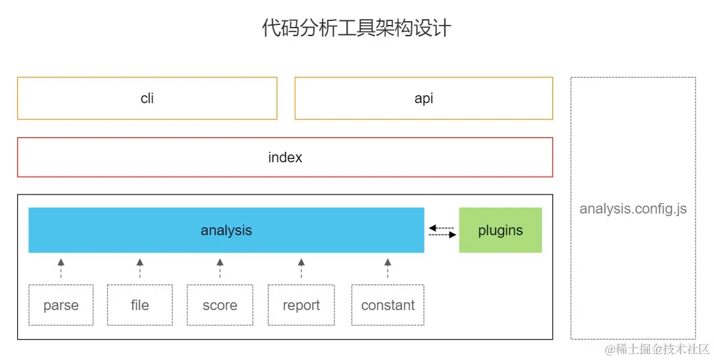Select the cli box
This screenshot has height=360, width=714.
coord(147,99)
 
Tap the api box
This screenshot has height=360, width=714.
coord(424,99)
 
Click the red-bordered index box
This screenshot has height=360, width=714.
coord(285,158)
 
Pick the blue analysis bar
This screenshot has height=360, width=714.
coord(226,231)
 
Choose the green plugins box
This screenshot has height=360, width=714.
coord(501,231)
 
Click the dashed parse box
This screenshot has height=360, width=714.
coord(61,305)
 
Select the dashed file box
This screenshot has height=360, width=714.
coord(140,305)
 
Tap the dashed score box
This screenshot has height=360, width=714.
coord(220,305)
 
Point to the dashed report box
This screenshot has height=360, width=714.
coord(301,305)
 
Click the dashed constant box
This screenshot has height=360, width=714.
coord(388,305)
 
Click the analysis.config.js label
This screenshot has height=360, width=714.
coord(633,209)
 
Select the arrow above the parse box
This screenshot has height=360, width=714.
coord(61,268)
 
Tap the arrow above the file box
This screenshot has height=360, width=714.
coord(140,268)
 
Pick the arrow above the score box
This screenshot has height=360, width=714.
coord(220,268)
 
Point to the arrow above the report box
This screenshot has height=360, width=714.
coord(301,268)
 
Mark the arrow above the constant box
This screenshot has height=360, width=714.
coord(388,268)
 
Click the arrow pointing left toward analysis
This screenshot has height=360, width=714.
coord(441,227)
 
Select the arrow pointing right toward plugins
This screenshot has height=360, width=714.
coord(443,235)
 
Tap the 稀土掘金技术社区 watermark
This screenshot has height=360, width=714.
coord(657,348)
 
